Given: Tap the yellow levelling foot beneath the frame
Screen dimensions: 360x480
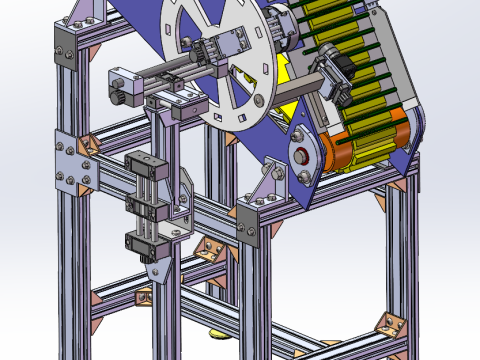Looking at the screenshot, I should click(219, 336).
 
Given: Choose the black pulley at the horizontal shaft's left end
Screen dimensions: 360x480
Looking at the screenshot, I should click(119, 94).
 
